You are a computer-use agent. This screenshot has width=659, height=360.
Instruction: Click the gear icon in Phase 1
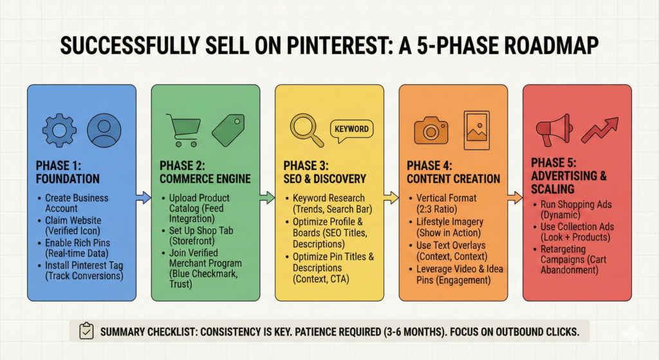[59, 130]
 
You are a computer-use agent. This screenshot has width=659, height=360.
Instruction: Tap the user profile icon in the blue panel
[104, 130]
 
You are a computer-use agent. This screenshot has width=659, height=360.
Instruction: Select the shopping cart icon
[183, 130]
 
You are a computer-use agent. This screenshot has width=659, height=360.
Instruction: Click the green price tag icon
[228, 130]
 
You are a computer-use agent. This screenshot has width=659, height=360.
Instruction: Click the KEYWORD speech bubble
[351, 130]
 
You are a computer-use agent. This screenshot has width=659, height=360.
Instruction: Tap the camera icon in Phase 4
[431, 130]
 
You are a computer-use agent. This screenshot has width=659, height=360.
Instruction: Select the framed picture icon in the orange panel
[477, 130]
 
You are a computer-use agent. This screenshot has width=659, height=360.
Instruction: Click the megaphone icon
[554, 129]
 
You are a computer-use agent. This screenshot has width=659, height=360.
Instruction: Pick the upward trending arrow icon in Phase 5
[600, 130]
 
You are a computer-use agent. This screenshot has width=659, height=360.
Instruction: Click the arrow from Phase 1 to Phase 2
[144, 197]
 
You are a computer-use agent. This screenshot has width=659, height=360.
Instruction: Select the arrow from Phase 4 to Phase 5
[515, 197]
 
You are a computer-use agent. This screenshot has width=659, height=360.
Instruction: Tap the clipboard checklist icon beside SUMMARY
[87, 331]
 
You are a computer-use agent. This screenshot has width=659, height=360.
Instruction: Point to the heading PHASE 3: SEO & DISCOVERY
[324, 172]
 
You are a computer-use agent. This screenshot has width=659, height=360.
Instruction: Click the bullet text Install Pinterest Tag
[84, 265]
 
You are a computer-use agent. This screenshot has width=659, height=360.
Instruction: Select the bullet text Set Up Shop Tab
[201, 231]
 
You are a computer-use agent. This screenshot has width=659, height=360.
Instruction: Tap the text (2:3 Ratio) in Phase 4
[436, 209]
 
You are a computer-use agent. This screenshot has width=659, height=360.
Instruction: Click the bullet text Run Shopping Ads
[576, 204]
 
